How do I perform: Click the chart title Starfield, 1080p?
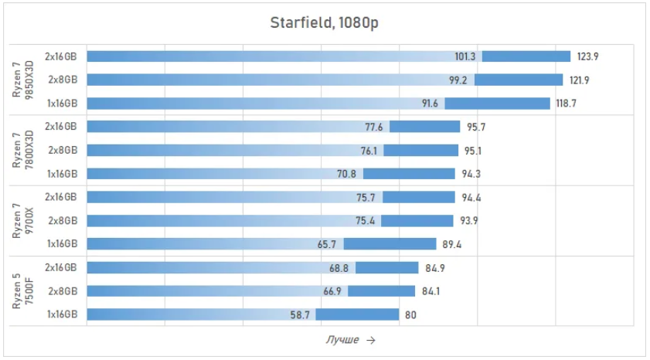[x=324, y=22]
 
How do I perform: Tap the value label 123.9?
[x=587, y=56]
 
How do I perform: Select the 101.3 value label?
[x=465, y=56]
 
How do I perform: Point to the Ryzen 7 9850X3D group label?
[x=22, y=80]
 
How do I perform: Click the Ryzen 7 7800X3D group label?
[x=22, y=150]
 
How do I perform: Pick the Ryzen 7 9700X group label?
[x=22, y=221]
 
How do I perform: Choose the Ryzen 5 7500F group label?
[x=22, y=291]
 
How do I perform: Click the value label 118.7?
[x=566, y=104]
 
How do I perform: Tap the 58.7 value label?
[x=300, y=315]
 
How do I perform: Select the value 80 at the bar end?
[x=410, y=315]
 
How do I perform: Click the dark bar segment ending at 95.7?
[x=424, y=127]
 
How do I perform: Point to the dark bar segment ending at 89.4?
[x=390, y=244]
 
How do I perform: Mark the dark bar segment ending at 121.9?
[x=519, y=80]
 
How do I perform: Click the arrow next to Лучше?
[x=371, y=340]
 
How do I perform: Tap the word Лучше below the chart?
[x=342, y=340]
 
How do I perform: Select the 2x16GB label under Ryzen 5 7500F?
[x=61, y=267]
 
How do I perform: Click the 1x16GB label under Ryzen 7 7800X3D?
[x=62, y=174]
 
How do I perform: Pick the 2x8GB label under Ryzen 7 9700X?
[x=63, y=220]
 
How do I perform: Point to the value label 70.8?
[x=346, y=174]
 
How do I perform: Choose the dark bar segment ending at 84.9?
[x=386, y=267]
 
